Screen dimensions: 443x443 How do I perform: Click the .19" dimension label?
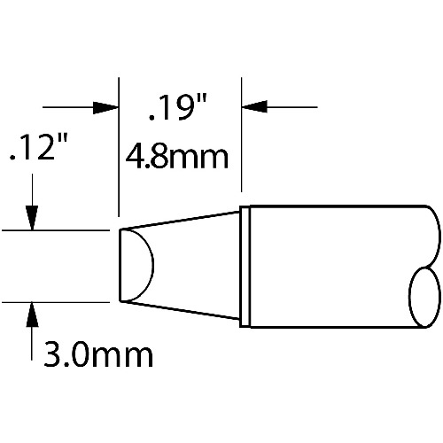(178, 107)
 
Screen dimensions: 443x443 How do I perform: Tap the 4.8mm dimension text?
(177, 156)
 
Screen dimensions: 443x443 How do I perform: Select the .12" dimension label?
(39, 147)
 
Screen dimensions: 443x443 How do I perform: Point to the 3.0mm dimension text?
(98, 354)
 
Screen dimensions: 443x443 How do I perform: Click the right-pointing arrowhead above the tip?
(105, 107)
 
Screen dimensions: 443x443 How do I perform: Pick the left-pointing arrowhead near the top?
(254, 106)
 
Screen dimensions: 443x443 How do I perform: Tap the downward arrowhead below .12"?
(32, 218)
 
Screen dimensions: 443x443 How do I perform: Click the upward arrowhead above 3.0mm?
(32, 315)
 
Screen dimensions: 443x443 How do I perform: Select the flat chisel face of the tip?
(136, 266)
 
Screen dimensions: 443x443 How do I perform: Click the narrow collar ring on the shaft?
(245, 267)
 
